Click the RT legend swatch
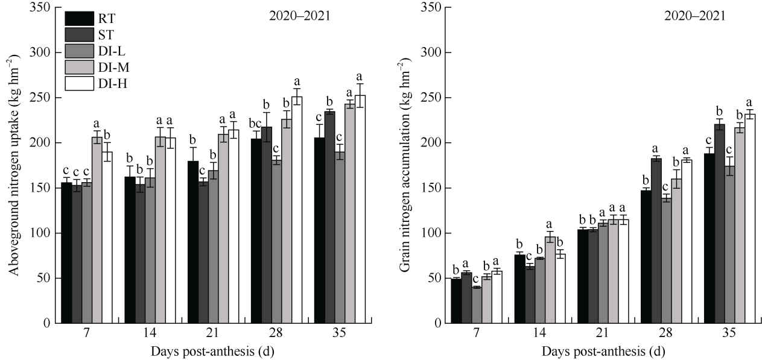coord(79,19)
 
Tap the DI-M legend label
coord(110,68)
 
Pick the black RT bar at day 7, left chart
coord(66,253)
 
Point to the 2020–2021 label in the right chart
coord(695,16)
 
